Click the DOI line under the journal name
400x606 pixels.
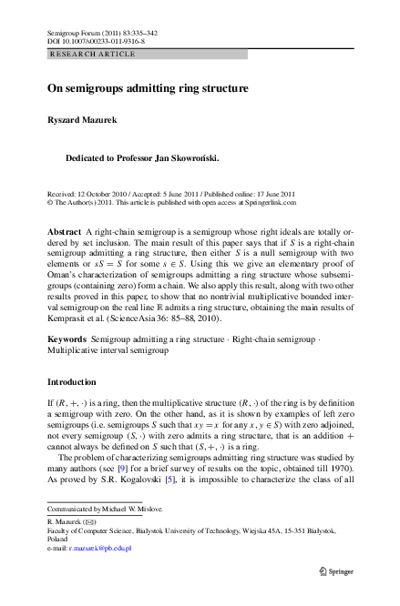pyautogui.click(x=96, y=42)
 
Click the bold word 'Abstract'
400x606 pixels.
pyautogui.click(x=64, y=232)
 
